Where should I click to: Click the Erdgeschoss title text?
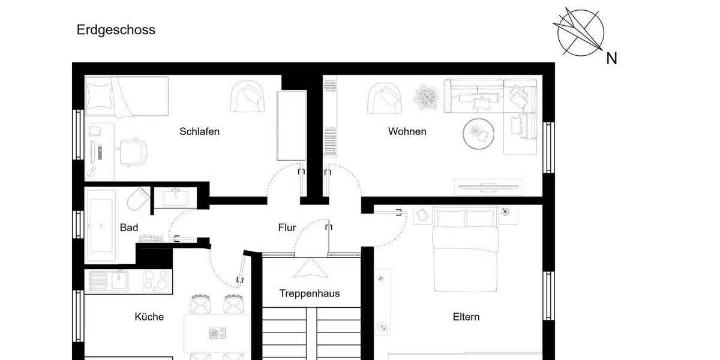pos(116,30)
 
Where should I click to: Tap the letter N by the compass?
pos(611,58)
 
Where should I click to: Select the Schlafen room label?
pos(199,131)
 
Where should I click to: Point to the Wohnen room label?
pos(407,131)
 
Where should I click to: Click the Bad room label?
pos(129,227)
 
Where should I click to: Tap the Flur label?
pos(287,227)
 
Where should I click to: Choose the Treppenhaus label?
pos(310,293)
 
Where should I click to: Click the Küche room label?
pos(149,317)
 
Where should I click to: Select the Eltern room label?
pos(466,317)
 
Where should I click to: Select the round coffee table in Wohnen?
pos(478,133)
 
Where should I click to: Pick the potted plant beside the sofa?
pos(427,96)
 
